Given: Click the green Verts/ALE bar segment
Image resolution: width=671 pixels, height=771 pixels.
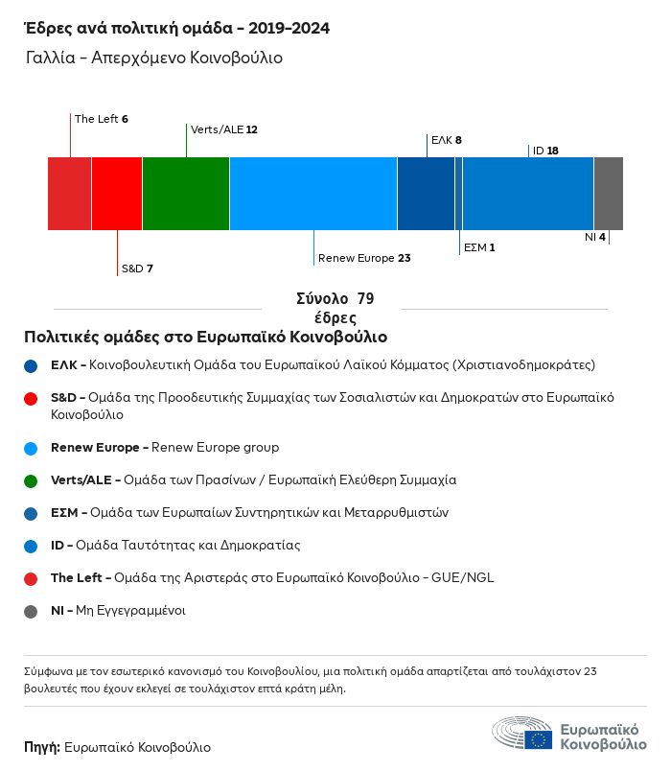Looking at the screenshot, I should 186,194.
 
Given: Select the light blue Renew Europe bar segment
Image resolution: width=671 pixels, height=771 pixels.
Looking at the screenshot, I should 313,194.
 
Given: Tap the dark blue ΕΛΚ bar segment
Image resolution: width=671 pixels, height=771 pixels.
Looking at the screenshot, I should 426,194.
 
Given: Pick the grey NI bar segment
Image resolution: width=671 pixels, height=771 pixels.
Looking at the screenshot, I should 609,194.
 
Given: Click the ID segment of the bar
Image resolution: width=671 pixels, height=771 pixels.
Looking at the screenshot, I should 528,194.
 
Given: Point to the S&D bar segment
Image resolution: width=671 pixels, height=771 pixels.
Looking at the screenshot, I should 117,194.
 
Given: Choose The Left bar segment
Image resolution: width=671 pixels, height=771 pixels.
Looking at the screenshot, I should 70,194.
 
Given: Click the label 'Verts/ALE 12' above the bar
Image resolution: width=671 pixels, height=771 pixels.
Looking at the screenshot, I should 224,129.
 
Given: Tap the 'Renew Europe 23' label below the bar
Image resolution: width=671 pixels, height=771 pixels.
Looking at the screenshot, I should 364,258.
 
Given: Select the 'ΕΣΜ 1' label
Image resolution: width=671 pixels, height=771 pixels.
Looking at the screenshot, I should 479,247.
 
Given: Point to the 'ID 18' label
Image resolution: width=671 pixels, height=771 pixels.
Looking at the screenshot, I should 545,151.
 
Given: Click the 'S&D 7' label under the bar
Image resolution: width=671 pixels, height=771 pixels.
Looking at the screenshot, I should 137,269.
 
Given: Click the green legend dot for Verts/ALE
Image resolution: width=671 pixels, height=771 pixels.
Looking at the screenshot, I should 32,479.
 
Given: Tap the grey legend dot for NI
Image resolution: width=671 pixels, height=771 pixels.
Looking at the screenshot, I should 32,611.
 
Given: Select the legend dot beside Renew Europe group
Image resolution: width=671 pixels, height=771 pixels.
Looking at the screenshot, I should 32,448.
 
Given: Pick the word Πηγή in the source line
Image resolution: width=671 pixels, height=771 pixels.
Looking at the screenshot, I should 42,747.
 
